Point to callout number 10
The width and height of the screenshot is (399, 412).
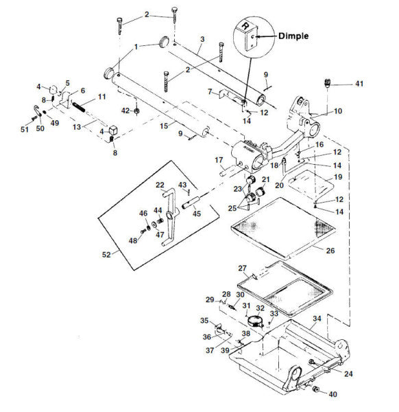tap(337, 111)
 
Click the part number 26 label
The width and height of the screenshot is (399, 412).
tap(330, 251)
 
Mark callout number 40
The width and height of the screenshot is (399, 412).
tap(332, 394)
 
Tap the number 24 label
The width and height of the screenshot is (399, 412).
tap(348, 374)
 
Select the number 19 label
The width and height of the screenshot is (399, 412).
tap(337, 176)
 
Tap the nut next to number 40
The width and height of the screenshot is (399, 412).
tap(316, 390)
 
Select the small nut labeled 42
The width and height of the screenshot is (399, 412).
tap(136, 110)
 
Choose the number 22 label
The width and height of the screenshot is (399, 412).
tap(159, 185)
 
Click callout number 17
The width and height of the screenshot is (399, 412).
tap(219, 160)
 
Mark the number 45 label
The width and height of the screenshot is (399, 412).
tap(196, 214)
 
